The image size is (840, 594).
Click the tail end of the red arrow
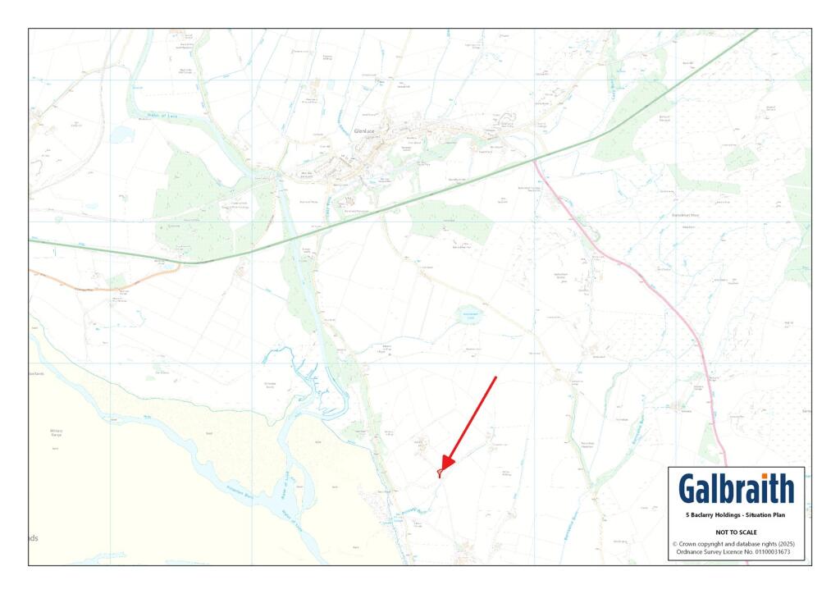(x=496, y=377)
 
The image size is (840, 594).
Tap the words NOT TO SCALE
(x=736, y=532)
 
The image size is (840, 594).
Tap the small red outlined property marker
(x=440, y=473)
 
